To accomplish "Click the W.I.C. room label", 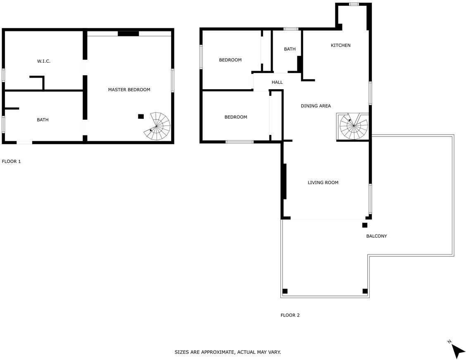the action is [x=44, y=61].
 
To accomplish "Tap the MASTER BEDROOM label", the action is [x=129, y=90].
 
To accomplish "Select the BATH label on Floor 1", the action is [x=43, y=120].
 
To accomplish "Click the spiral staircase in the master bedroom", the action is [x=157, y=126].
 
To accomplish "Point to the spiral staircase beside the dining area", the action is [x=353, y=126].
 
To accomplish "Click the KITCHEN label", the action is [x=340, y=45].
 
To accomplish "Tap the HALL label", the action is [x=277, y=82].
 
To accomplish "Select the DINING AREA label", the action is [x=316, y=106].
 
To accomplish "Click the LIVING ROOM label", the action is [x=323, y=182].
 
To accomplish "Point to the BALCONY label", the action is [x=376, y=236].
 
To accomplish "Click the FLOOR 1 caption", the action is [x=11, y=161].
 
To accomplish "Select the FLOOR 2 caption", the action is [x=290, y=315].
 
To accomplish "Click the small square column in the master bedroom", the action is [x=141, y=116].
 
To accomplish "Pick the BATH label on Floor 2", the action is [x=290, y=49].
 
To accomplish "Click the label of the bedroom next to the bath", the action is [x=231, y=60].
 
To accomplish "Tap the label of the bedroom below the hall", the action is [x=235, y=117].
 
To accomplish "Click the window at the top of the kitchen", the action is [x=354, y=4].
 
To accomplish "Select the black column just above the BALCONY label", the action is [x=365, y=225].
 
